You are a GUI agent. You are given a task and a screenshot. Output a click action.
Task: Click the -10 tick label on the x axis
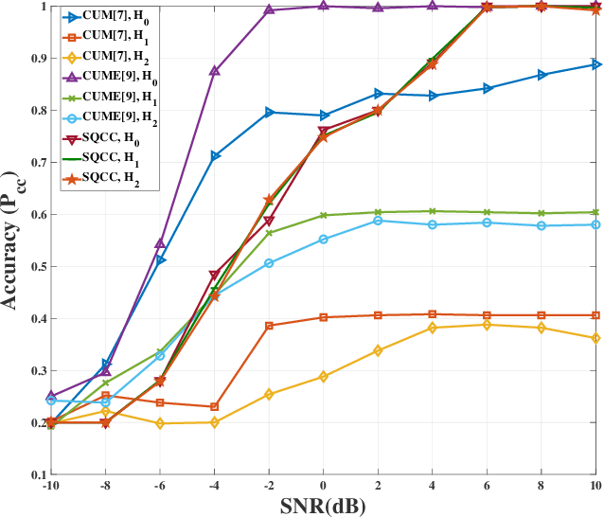[50, 487]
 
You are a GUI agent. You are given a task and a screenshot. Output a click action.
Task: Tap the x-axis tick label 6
[488, 487]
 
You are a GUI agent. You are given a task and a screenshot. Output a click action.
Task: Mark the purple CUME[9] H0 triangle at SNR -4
[215, 71]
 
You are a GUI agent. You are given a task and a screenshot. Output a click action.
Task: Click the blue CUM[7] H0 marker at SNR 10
[596, 64]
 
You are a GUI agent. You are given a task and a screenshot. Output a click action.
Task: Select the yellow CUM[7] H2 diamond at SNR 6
[488, 325]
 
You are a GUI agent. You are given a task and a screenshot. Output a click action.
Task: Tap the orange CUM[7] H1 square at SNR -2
[269, 326]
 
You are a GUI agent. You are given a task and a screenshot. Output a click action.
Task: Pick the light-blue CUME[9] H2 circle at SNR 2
[378, 221]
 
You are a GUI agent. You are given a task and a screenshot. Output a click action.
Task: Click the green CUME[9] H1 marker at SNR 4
[433, 211]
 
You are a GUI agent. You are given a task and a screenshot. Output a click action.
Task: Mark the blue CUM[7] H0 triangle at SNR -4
[215, 156]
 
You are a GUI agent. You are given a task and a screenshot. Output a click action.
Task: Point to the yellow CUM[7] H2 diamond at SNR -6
[160, 423]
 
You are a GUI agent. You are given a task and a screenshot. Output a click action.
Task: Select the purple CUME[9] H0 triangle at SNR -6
[160, 243]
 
